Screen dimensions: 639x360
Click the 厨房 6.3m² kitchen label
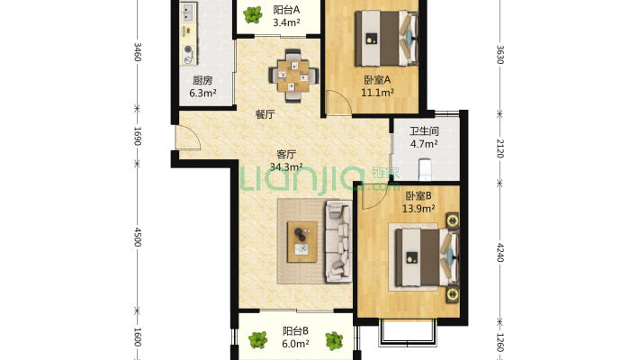click(x=202, y=86)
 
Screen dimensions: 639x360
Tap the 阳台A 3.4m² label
click(x=286, y=16)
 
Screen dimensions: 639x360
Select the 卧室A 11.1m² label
click(x=377, y=86)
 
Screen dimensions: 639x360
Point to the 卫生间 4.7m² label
click(x=424, y=138)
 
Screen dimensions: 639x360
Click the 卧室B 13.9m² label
click(x=418, y=202)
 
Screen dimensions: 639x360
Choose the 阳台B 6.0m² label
click(x=295, y=337)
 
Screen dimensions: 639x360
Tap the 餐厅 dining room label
click(x=265, y=114)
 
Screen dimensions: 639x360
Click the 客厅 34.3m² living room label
click(x=286, y=160)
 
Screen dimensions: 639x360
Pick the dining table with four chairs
click(x=293, y=76)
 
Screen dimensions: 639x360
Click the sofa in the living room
click(x=338, y=241)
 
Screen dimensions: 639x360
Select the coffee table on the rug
click(x=302, y=242)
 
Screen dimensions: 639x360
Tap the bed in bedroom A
click(x=386, y=39)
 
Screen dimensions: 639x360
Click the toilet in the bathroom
click(x=425, y=169)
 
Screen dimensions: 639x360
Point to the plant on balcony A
click(x=253, y=15)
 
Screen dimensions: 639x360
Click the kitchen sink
click(x=187, y=13)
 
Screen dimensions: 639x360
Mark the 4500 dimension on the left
click(x=138, y=237)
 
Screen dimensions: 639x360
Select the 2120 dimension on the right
click(x=500, y=148)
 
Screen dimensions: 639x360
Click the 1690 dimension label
click(x=138, y=136)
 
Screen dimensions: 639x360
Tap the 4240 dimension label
click(x=500, y=253)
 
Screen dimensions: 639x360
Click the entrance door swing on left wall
click(x=187, y=138)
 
